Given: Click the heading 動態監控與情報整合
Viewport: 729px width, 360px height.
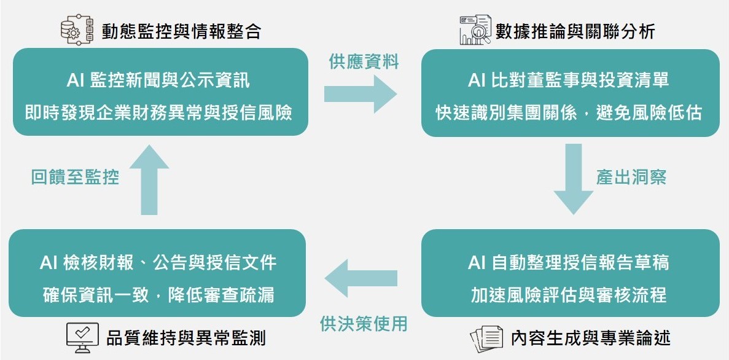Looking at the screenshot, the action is tap(181, 31).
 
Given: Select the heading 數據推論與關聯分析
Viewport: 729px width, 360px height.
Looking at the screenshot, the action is tap(575, 31).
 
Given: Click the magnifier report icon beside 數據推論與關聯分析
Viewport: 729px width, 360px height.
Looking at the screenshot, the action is tap(475, 29).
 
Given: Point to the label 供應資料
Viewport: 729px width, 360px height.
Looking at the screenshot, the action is tap(364, 61).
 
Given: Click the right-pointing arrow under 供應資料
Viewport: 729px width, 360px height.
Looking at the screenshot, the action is tap(361, 94).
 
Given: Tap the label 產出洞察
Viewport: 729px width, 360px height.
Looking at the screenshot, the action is tap(631, 177).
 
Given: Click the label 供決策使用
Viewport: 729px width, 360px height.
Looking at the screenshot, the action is tap(364, 324).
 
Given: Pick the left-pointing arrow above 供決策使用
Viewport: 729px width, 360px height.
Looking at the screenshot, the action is tap(361, 278).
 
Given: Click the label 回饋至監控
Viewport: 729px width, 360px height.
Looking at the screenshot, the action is tap(76, 177).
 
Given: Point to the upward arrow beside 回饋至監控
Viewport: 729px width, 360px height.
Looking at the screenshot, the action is tap(149, 179).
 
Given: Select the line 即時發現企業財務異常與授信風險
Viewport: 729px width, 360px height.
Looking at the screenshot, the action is tap(158, 113).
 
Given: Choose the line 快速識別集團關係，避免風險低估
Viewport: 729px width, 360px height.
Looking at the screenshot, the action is tap(569, 113).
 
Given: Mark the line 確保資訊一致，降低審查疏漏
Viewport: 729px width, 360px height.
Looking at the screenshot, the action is tap(158, 295).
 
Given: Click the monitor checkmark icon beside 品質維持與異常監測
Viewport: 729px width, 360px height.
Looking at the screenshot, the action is tap(82, 337).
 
